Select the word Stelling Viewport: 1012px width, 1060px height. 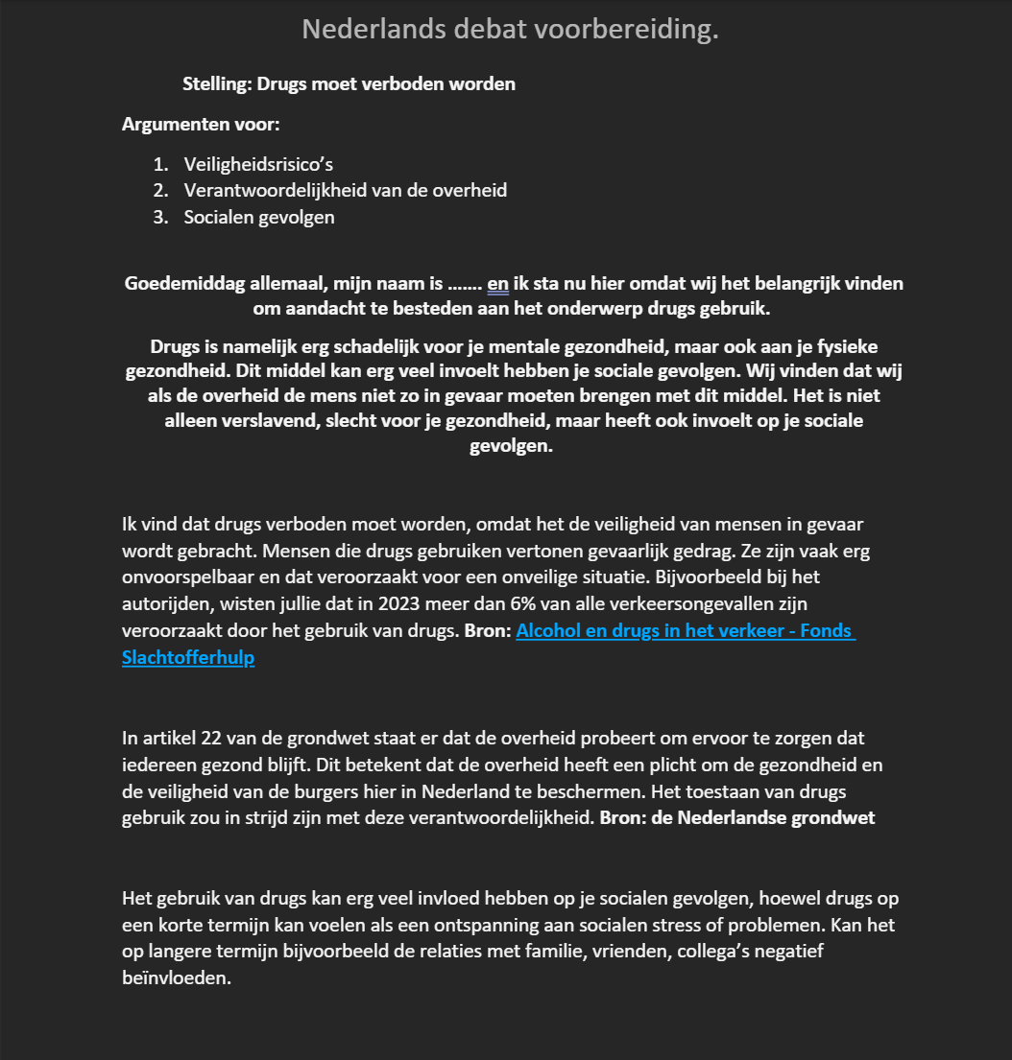217,83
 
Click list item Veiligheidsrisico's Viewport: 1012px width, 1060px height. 258,164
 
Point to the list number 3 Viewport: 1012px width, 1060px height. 159,217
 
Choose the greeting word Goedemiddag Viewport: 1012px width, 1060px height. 185,284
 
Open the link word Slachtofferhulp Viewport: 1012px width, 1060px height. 188,659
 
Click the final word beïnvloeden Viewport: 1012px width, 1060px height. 177,979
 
